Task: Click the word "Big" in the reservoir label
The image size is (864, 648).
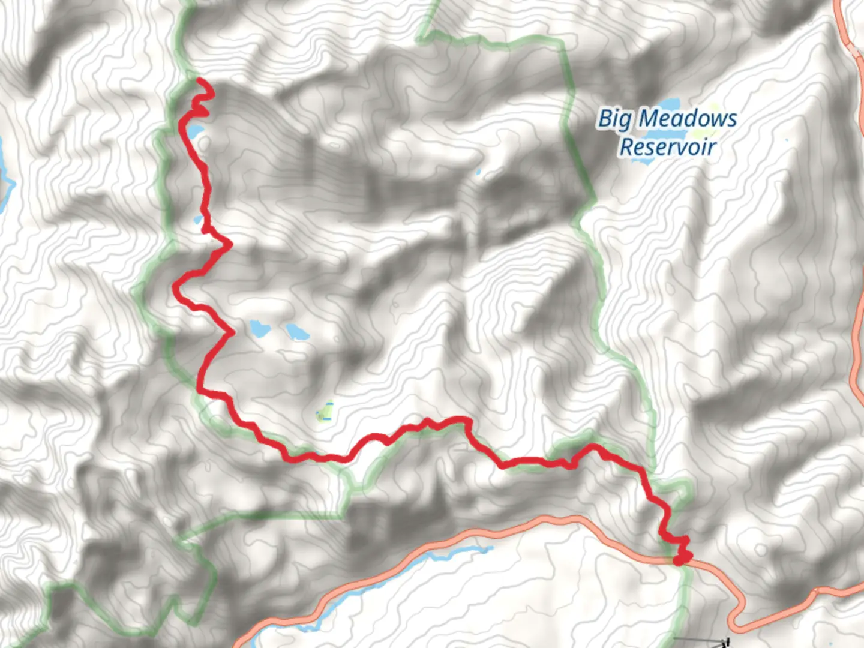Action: (x=614, y=119)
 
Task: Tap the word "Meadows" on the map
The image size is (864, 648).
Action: (x=687, y=119)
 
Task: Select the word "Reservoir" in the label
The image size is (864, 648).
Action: (x=668, y=146)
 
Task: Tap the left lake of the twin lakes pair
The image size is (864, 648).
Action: (x=259, y=328)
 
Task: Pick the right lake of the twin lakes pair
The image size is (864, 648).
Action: (x=296, y=331)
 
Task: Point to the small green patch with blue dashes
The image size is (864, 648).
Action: (x=325, y=412)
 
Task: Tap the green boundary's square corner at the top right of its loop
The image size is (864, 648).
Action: (x=562, y=42)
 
